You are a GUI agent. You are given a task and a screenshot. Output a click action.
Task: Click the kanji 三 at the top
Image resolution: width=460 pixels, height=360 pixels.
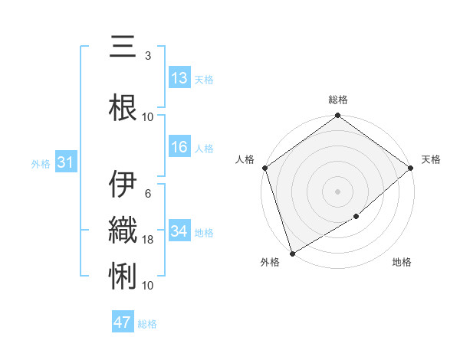pyautogui.click(x=123, y=49)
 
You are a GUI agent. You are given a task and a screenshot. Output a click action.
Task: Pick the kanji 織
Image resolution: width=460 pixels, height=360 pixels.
pyautogui.click(x=123, y=229)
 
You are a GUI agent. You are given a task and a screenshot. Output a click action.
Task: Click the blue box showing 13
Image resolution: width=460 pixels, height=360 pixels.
pyautogui.click(x=179, y=78)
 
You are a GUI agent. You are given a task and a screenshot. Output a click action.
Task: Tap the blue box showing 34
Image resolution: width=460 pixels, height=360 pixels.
pyautogui.click(x=179, y=231)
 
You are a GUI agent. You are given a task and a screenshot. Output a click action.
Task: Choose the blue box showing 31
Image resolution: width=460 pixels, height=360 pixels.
pyautogui.click(x=64, y=162)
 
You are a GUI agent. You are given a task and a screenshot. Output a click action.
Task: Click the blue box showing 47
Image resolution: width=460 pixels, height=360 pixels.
pyautogui.click(x=123, y=322)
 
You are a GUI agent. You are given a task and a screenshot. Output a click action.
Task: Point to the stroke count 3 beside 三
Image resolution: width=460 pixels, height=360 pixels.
pyautogui.click(x=148, y=56)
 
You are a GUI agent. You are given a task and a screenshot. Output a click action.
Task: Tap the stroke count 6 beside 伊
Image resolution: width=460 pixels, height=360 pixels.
pyautogui.click(x=148, y=194)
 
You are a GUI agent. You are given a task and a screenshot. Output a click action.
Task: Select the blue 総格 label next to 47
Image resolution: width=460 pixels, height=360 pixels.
pyautogui.click(x=147, y=324)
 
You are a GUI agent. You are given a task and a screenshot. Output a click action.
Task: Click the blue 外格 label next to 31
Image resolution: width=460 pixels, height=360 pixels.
pyautogui.click(x=41, y=163)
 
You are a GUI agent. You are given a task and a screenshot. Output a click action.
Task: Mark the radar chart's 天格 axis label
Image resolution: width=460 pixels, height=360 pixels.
pyautogui.click(x=432, y=159)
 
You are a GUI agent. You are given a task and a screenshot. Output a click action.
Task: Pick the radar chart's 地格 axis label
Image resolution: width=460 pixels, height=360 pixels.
pyautogui.click(x=402, y=262)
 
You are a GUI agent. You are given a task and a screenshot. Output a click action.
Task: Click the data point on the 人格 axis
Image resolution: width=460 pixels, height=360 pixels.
pyautogui.click(x=264, y=168)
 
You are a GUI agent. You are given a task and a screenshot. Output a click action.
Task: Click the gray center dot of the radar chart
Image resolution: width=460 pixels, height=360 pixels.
pyautogui.click(x=337, y=191)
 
